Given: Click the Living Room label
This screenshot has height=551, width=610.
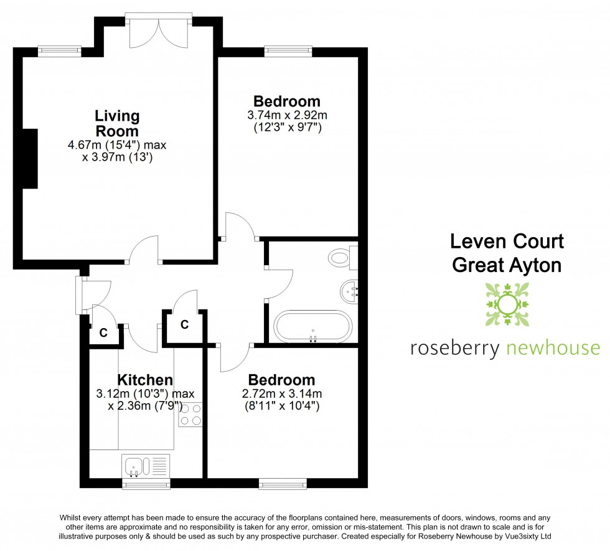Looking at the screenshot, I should (117, 123).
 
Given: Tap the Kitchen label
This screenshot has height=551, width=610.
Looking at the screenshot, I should (145, 380).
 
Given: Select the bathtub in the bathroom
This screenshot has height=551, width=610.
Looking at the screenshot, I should (313, 326).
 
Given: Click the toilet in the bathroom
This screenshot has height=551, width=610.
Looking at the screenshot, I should (342, 257).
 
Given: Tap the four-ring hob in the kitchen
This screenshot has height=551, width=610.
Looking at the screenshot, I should (190, 415).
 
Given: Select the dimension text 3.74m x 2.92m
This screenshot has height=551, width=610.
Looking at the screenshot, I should (287, 115).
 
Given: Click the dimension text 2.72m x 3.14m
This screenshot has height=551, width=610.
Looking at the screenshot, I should (281, 393).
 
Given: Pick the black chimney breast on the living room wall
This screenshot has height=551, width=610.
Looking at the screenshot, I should (29, 158).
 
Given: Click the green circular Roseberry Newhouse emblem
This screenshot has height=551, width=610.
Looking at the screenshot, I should (505, 304).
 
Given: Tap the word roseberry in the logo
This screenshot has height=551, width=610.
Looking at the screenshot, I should (454, 348).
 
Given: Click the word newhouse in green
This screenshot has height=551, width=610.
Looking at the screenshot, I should (552, 348).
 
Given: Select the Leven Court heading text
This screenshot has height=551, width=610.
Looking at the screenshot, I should (507, 241).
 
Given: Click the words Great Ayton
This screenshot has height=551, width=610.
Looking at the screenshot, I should (507, 265).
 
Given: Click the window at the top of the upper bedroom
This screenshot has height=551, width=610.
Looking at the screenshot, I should (288, 51).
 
